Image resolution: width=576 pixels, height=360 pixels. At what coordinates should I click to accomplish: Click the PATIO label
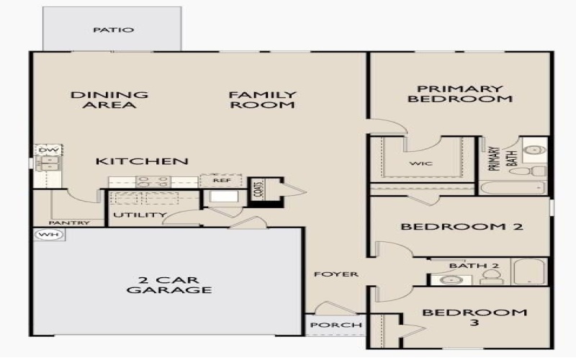(114, 30)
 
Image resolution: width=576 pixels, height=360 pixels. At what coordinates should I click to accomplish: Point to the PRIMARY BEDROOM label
(460, 94)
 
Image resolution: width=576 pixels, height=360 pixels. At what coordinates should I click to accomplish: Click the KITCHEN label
(142, 161)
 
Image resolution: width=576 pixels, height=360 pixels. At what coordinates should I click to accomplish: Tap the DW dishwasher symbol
(47, 150)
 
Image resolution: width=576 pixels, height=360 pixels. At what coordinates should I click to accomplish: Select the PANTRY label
(70, 223)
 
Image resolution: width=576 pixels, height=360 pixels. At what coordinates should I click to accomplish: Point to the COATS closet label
(257, 191)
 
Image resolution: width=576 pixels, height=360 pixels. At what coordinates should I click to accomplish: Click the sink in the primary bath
(534, 150)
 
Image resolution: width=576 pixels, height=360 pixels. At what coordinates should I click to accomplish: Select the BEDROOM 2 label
(462, 227)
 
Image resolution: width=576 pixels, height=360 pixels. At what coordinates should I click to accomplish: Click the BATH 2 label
(474, 266)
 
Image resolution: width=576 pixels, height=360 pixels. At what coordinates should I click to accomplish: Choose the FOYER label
(335, 275)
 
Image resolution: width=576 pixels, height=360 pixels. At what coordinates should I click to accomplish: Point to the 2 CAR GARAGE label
(169, 285)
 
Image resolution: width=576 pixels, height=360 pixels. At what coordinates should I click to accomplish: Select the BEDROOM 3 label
(474, 318)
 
